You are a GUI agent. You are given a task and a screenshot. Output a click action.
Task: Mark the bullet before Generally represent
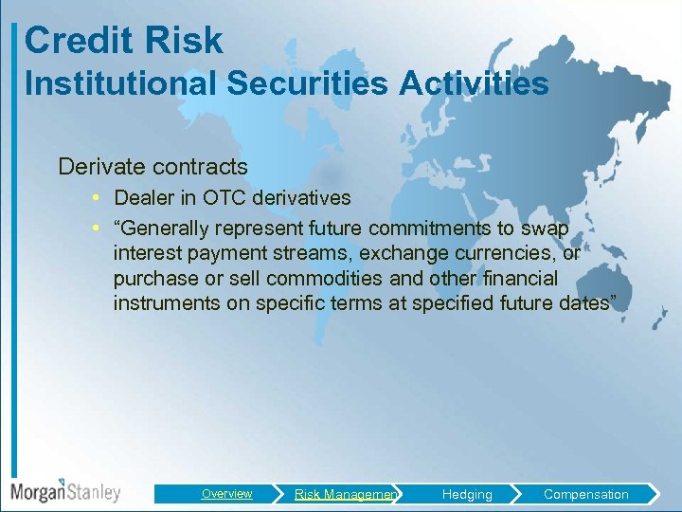point(99,229)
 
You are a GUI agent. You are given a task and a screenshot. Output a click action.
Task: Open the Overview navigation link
point(226,494)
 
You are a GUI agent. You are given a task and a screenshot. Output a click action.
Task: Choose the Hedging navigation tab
point(467,494)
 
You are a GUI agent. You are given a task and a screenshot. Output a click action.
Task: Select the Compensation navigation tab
point(585,494)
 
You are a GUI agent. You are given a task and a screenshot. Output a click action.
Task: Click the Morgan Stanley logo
point(65,492)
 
